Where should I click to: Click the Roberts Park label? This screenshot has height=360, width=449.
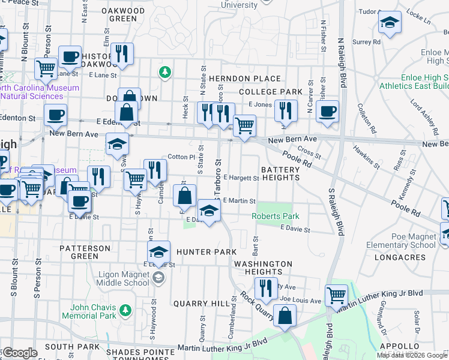tap(276, 216)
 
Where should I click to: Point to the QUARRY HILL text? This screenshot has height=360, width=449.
tap(197, 304)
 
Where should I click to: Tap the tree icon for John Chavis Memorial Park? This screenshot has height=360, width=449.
tap(125, 310)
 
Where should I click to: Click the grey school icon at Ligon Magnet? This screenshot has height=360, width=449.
tap(158, 277)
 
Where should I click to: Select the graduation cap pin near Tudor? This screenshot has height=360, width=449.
tap(390, 23)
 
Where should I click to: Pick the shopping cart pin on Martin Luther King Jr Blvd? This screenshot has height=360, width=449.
tap(336, 294)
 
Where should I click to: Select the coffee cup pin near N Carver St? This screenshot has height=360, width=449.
tap(327, 111)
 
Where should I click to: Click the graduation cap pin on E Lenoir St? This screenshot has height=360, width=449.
tap(159, 251)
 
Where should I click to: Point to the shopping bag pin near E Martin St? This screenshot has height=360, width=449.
tap(184, 195)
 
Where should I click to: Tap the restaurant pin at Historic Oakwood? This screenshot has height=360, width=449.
tap(122, 53)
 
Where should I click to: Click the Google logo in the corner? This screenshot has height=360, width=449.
tap(19, 353)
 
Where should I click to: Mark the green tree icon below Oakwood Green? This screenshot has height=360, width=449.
tap(164, 72)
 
